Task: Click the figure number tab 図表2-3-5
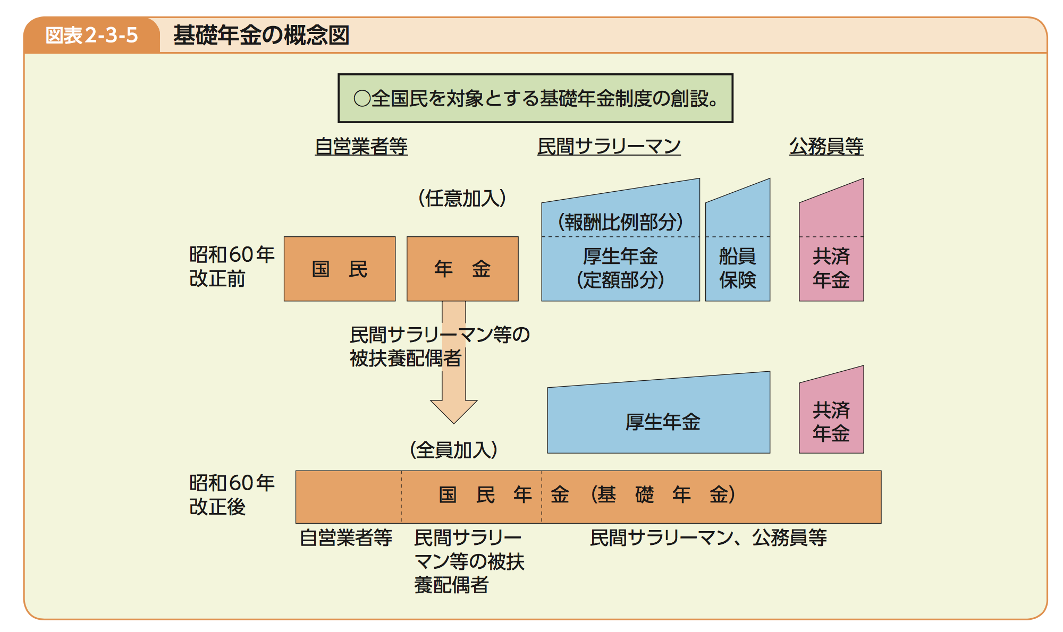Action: pos(91,35)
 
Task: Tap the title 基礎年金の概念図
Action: pos(261,35)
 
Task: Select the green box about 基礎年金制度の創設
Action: pos(535,98)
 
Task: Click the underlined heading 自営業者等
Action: pos(361,146)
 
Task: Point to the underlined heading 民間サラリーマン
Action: pos(609,146)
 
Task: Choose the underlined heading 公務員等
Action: pos(826,146)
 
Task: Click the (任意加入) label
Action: pos(462,198)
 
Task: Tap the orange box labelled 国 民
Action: pos(340,269)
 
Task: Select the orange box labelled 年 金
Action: pos(462,269)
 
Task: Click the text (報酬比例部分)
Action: pos(620,221)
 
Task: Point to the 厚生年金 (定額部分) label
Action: pos(620,268)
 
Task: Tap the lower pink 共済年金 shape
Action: pos(831,414)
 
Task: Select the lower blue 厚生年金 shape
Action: pos(659,417)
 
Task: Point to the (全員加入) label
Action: pos(453,450)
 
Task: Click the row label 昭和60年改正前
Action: pos(232,266)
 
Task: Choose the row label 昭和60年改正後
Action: pos(232,494)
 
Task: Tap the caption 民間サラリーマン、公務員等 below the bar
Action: pos(708,537)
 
